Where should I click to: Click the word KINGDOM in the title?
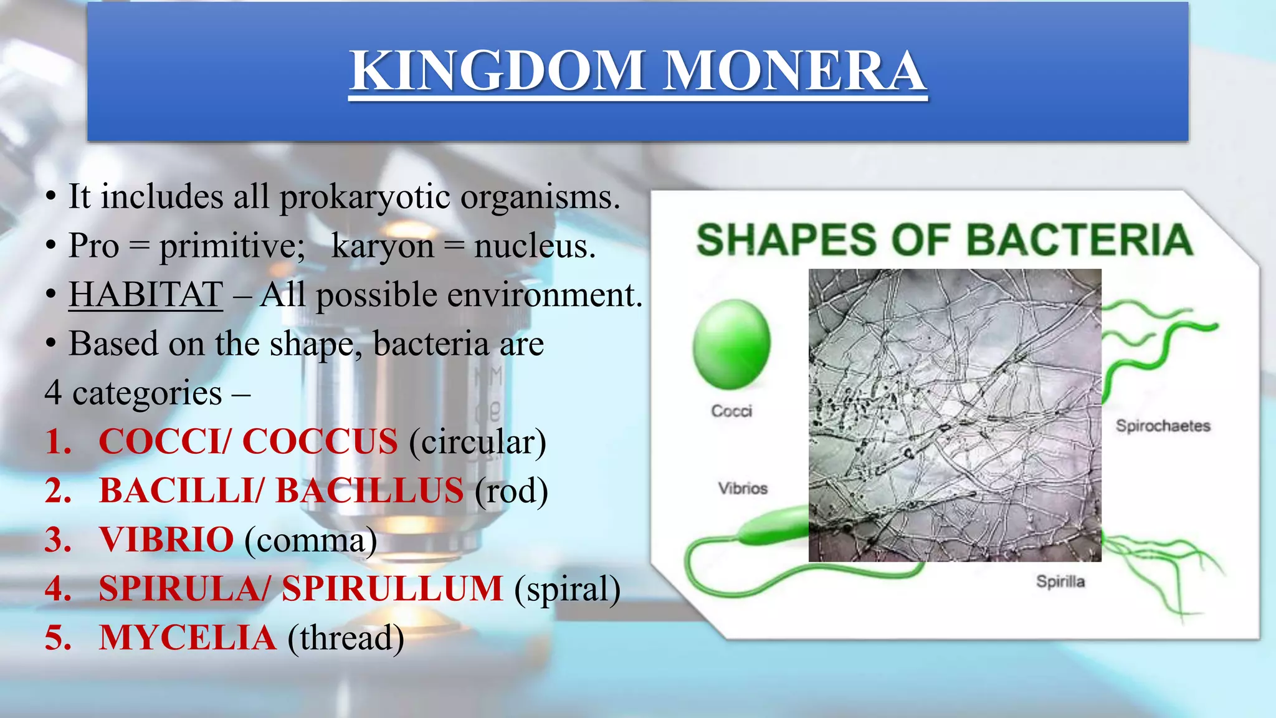click(497, 70)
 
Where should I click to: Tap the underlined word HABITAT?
click(145, 294)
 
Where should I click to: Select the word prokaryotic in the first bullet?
click(364, 198)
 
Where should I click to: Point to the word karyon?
click(382, 247)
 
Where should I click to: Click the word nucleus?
click(534, 247)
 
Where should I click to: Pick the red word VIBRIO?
click(166, 540)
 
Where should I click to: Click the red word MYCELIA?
click(187, 638)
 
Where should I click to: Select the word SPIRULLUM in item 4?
click(392, 589)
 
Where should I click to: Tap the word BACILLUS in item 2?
click(369, 491)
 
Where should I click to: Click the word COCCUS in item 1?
click(320, 442)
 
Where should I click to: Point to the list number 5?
click(58, 638)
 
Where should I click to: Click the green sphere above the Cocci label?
click(731, 344)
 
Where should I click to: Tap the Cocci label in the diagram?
click(731, 411)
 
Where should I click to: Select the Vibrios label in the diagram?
click(743, 489)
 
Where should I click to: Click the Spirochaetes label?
click(1163, 426)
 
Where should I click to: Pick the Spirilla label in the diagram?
click(1060, 582)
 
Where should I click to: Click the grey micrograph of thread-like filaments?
click(955, 415)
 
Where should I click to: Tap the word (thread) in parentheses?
click(346, 638)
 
